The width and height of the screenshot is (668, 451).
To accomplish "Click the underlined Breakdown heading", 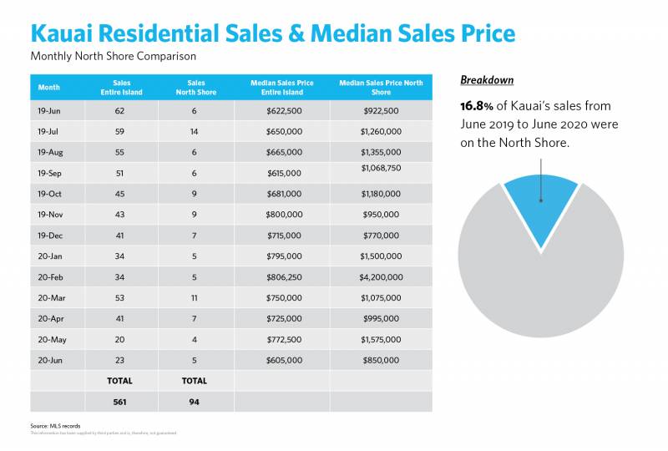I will pos(487,80).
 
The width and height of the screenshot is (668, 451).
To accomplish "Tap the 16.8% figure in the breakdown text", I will pos(480,106).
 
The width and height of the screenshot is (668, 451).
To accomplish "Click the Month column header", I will pos(49,86).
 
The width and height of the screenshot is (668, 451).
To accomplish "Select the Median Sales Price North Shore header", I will pos(382,87).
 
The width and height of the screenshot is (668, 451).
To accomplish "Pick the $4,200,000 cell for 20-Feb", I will pos(382,276).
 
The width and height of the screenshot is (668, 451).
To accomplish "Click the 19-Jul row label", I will pos(50,131).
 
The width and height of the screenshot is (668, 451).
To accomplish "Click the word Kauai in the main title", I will pos(66,33).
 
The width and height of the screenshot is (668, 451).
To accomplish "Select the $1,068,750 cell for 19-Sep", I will pos(382,169).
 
